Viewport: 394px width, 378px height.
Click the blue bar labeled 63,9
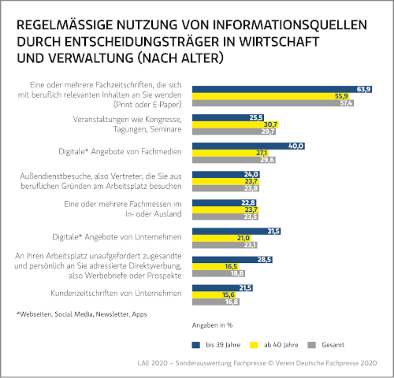pos(282,89)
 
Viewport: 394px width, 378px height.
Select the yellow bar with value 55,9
pos(271,96)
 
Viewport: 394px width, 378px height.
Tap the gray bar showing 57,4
pos(273,103)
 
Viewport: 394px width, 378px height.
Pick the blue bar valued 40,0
pos(248,146)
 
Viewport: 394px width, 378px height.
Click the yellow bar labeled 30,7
pos(236,124)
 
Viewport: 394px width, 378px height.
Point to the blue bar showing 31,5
pos(236,232)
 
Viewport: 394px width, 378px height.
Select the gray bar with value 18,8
pos(218,273)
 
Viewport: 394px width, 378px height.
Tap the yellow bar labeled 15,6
pos(214,295)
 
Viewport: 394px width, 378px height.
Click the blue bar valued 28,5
pos(232,260)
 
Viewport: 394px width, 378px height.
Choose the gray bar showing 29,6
pos(234,160)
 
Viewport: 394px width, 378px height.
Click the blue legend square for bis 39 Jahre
pos(196,345)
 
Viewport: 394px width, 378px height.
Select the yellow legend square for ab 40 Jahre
pos(254,345)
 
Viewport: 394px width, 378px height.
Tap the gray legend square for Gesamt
pos(311,345)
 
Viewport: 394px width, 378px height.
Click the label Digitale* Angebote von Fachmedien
pos(120,152)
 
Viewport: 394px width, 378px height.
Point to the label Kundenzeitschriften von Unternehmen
pos(116,293)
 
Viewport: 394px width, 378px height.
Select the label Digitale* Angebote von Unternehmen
pos(117,237)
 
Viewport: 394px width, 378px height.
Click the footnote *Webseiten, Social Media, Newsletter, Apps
pos(82,314)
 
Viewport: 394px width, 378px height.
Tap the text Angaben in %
pos(212,325)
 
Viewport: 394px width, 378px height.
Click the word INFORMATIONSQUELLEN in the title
pos(290,25)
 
